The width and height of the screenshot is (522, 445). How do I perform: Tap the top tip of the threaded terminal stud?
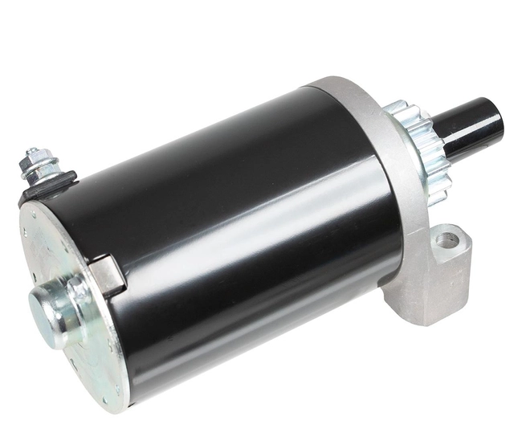(31, 152)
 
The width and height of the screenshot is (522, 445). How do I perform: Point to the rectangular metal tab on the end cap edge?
(107, 275)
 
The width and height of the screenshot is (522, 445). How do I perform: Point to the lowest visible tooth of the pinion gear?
(438, 198)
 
